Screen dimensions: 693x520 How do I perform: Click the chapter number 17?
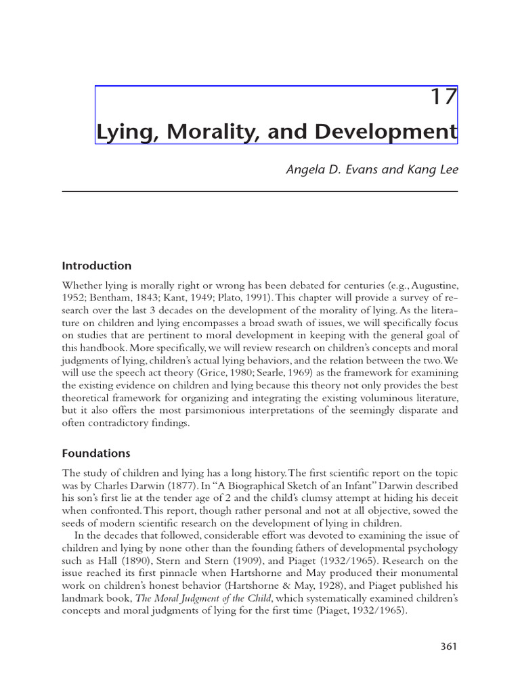point(444,97)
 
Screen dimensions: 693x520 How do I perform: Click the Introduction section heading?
point(97,266)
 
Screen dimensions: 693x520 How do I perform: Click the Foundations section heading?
point(96,453)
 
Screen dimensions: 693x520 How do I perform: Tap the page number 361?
point(448,646)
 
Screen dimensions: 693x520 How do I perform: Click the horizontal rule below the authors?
point(260,192)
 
